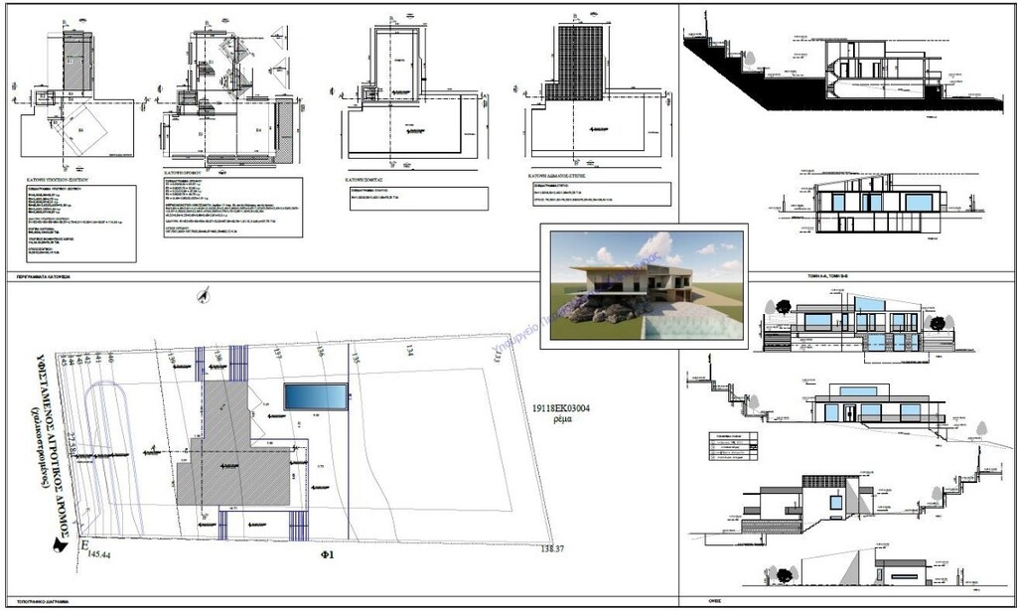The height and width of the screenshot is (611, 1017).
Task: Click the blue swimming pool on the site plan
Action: (x=316, y=397)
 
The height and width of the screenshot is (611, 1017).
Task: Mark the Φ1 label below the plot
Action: (x=325, y=554)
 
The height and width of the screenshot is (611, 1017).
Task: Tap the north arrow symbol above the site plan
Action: (x=205, y=292)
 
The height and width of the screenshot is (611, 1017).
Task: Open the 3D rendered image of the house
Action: (x=644, y=283)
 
